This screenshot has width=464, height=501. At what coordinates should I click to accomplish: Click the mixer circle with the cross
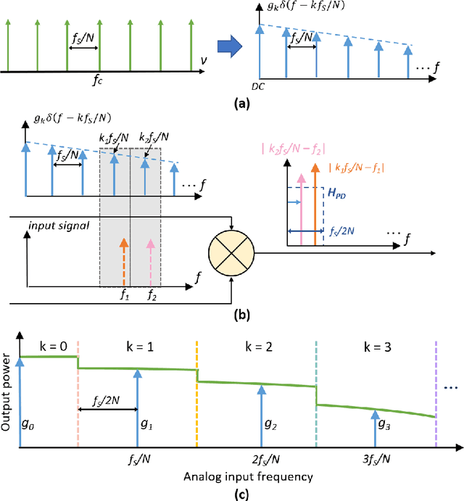coord(231,254)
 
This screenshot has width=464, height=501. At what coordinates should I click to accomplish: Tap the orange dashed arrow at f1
coord(125,261)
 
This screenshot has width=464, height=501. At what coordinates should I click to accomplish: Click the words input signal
coord(57,225)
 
